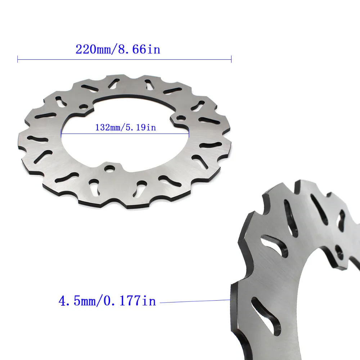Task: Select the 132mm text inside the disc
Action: tap(107, 127)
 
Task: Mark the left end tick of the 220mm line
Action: tap(18, 59)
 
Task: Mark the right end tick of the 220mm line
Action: tap(231, 59)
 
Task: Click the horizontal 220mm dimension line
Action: tap(124, 59)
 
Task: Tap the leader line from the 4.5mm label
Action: tap(194, 301)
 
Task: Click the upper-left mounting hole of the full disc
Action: tap(84, 107)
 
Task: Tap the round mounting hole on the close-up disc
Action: tap(339, 250)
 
